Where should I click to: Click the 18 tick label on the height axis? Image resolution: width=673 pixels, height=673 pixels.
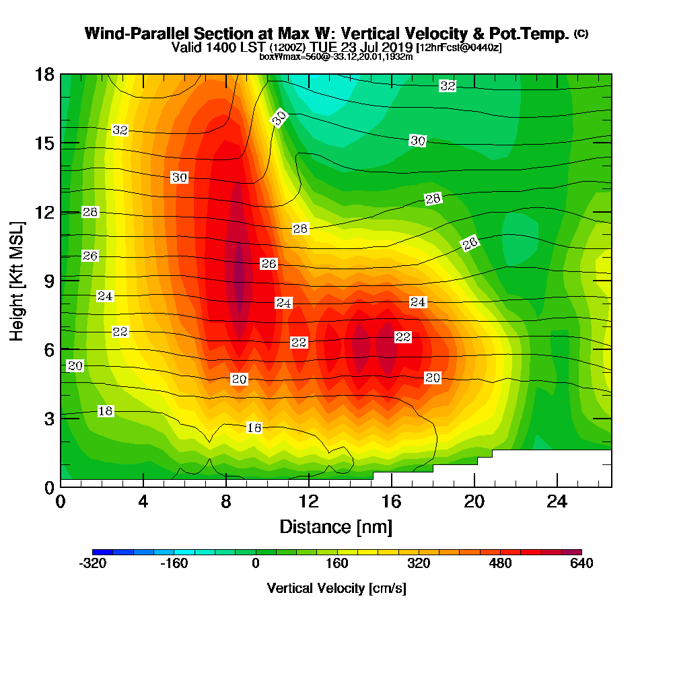pos(44,74)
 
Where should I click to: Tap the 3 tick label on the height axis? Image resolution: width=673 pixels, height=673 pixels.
pos(48,417)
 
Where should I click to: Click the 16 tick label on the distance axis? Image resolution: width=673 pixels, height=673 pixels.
pos(392,501)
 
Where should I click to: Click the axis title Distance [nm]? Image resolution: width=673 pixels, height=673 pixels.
pos(336,526)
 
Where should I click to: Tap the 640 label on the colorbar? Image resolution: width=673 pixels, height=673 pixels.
pos(581,563)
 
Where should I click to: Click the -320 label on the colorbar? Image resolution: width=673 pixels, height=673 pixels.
pos(92,563)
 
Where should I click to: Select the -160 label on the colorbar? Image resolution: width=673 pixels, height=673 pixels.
pos(174,563)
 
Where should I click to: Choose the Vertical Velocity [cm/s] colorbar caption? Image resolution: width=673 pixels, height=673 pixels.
pos(336,588)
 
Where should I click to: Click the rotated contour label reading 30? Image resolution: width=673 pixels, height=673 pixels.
pos(279,118)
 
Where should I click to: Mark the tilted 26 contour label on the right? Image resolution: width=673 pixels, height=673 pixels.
pos(470,244)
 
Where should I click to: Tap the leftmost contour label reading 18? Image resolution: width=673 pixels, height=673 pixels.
pos(106,411)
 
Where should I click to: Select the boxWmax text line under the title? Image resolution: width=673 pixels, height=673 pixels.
pos(336,57)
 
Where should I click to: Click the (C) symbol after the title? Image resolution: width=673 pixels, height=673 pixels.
pos(581,33)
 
